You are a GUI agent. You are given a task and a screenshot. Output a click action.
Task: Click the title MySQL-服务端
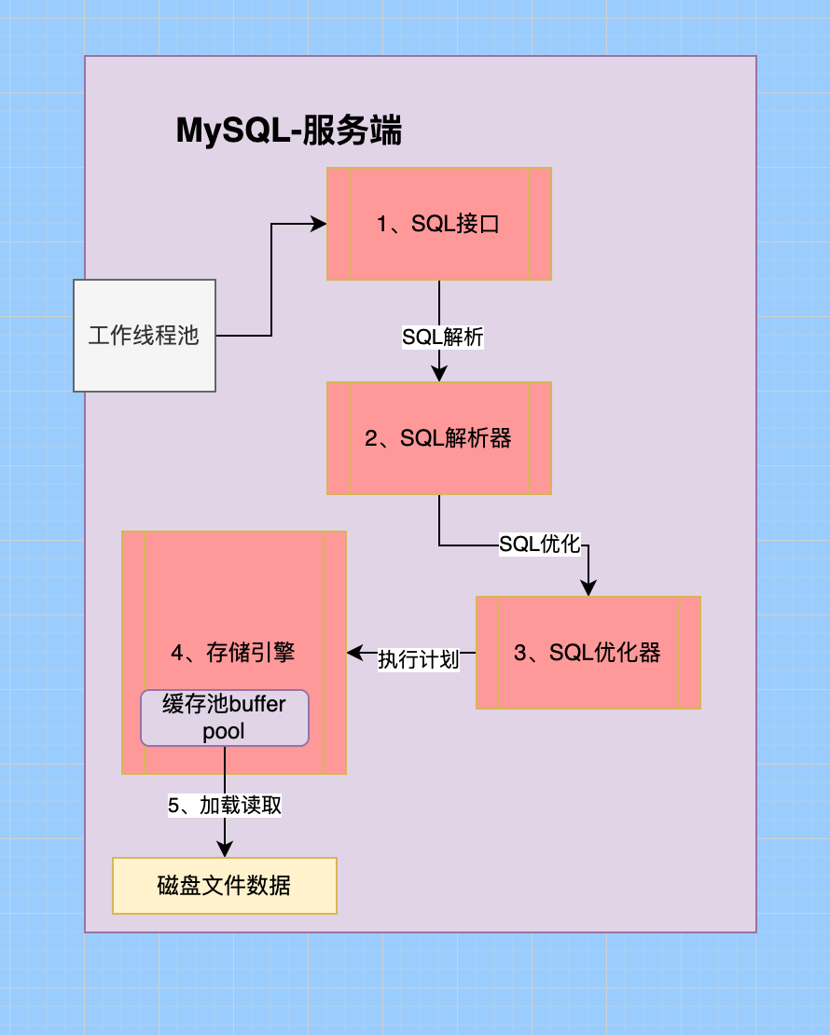coord(289,131)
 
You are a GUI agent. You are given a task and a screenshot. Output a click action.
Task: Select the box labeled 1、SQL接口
coord(438,224)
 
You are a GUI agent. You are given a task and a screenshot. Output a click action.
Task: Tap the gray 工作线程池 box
coord(145,336)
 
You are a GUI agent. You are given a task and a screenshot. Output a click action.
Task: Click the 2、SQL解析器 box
coord(438,438)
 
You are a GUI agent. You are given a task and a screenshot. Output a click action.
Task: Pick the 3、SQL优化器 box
coord(588,653)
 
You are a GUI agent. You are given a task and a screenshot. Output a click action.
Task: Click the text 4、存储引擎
coord(233,653)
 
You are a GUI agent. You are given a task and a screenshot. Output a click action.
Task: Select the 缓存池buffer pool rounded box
coord(224,718)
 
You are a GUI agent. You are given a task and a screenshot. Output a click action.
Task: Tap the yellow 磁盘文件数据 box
coord(224,885)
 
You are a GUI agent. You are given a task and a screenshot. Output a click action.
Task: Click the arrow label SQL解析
coord(442,338)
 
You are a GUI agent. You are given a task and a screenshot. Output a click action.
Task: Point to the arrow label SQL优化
coord(541,545)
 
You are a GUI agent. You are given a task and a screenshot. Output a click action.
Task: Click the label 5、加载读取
coord(224,807)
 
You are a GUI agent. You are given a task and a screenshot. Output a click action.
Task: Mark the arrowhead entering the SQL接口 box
coord(319,224)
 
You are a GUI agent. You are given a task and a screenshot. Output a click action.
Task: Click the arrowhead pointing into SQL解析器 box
coord(439,374)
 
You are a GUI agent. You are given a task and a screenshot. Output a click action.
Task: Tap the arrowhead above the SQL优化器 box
coord(588,588)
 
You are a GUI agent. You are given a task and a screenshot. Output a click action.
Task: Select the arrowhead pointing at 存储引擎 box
coord(354,653)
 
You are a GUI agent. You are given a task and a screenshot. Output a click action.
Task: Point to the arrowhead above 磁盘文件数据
coord(224,849)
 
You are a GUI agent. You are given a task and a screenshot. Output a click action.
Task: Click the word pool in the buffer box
coord(224,730)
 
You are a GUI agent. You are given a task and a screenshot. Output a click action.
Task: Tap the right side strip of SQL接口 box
coord(539,224)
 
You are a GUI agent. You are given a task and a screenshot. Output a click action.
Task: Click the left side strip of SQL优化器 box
coord(488,653)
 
